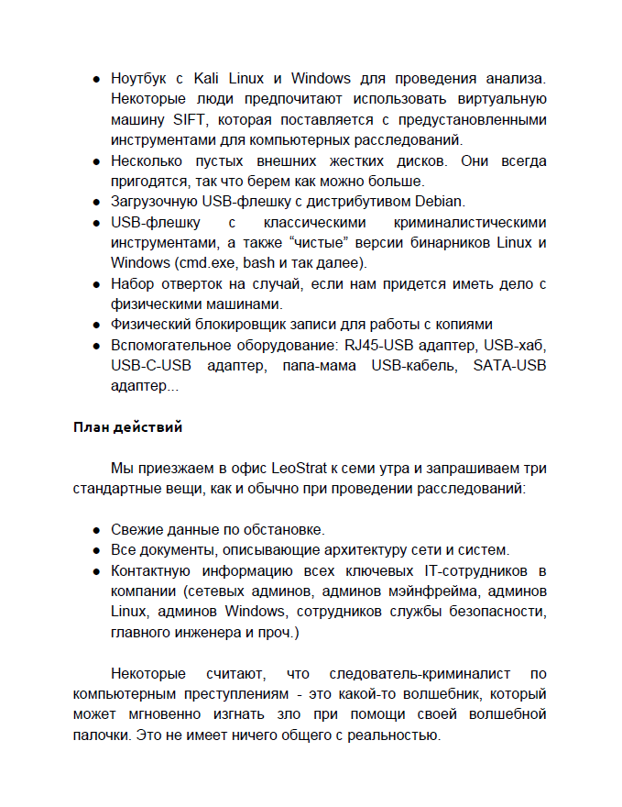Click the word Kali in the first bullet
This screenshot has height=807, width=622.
209,79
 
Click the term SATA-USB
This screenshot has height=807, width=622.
510,366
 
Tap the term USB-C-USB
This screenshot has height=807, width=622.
150,366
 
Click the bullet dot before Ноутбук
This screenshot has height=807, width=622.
95,80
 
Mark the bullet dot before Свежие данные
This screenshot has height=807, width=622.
95,530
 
